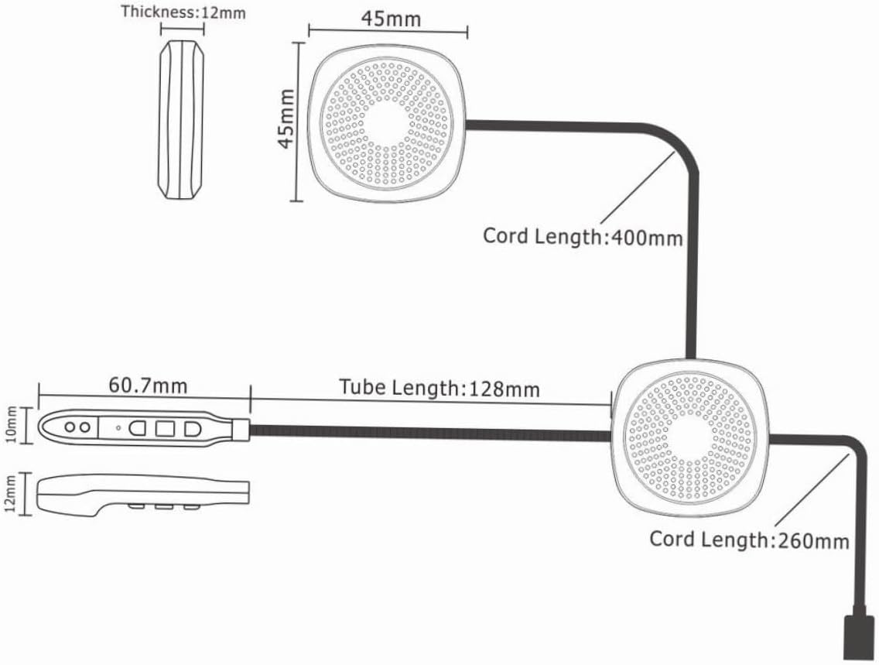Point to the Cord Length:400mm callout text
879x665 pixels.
pyautogui.click(x=583, y=236)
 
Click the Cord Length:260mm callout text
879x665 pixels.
pyautogui.click(x=748, y=539)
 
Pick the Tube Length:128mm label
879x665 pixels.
pyautogui.click(x=440, y=387)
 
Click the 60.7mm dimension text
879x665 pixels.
pyautogui.click(x=148, y=384)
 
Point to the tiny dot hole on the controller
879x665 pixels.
pyautogui.click(x=118, y=427)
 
